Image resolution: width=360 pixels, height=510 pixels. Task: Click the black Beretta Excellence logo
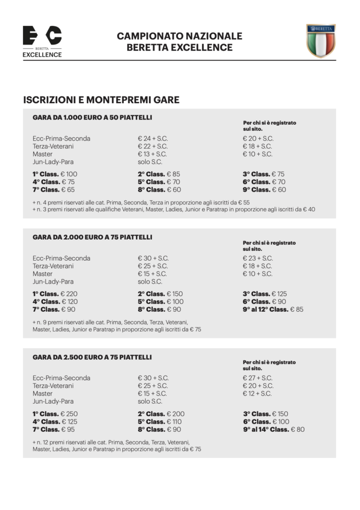point(42,41)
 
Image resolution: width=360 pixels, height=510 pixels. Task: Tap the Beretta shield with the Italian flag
point(321,41)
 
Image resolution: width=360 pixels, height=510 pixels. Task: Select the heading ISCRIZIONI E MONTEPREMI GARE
point(101,100)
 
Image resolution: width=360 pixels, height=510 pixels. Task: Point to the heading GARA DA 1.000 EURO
point(92,117)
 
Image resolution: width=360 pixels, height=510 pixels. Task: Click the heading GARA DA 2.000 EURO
point(92,237)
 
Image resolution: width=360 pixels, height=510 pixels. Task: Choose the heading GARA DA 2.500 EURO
point(92,357)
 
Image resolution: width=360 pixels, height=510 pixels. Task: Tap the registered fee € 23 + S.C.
point(258,258)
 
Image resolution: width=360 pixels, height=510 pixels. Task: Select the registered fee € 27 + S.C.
point(258,378)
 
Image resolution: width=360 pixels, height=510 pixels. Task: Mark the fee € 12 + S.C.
point(257,394)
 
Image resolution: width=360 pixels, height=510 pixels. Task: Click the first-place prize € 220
point(69,294)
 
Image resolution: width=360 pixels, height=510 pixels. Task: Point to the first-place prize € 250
point(69,414)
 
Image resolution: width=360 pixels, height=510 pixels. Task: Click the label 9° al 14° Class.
point(266,429)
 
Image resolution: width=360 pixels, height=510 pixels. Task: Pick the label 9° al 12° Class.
point(265,309)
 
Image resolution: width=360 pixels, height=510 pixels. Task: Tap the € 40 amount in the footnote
point(309,210)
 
